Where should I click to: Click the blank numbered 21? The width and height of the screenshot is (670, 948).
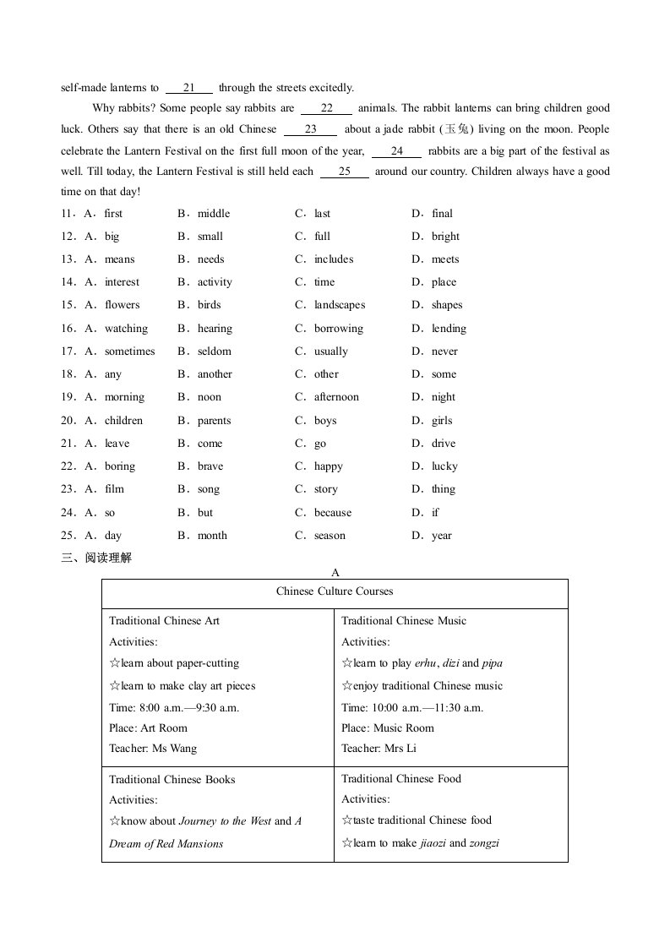(x=188, y=88)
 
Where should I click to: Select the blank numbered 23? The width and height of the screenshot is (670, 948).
(x=310, y=129)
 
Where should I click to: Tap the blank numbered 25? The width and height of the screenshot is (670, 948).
(x=345, y=172)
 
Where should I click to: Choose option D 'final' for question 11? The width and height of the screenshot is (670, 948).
(x=442, y=214)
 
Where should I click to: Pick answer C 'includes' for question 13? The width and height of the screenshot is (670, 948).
(x=334, y=259)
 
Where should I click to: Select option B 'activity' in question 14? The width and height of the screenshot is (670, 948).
(x=215, y=282)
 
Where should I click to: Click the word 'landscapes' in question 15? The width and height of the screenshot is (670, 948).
(x=340, y=305)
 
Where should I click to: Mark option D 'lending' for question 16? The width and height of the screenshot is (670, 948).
(x=449, y=329)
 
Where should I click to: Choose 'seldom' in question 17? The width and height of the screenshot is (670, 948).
(x=215, y=351)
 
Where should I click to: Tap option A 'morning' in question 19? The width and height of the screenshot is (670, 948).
(x=124, y=397)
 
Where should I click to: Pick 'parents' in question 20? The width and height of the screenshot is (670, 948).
(x=215, y=421)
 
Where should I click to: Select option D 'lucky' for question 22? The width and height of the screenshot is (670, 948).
(x=444, y=466)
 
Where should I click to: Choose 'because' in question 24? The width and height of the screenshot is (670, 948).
(x=333, y=513)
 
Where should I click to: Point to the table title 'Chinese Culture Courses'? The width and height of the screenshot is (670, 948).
(x=335, y=591)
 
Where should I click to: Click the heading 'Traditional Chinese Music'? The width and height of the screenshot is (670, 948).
(x=404, y=621)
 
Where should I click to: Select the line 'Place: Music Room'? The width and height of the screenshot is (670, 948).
(x=388, y=728)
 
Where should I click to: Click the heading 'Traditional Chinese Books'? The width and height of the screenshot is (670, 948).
(x=172, y=780)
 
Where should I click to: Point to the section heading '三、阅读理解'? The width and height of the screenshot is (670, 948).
(x=96, y=558)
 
